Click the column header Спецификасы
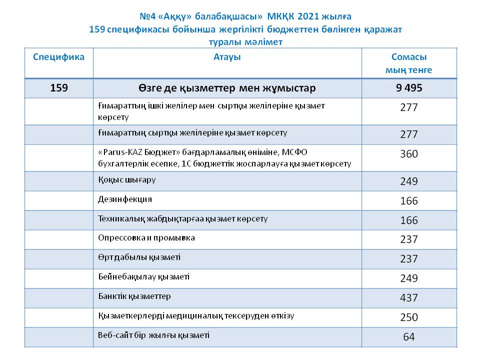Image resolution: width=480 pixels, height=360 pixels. point(59,57)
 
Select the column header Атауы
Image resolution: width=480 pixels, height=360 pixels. point(227,57)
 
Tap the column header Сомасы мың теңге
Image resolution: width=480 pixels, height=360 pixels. point(408,63)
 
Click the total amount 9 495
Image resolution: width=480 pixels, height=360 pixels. point(408,88)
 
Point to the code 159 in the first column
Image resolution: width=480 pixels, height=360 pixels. point(59,88)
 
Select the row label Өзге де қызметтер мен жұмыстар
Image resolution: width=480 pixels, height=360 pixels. point(227,88)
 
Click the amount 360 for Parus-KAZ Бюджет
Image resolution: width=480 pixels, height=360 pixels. point(408,154)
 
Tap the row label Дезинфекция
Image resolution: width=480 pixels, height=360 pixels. point(125,199)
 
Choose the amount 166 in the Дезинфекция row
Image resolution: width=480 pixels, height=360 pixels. point(408,201)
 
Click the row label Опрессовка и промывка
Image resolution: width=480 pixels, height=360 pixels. point(146,237)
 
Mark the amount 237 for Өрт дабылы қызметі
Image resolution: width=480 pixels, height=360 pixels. point(408,259)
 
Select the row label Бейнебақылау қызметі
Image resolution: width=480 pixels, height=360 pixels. point(143,276)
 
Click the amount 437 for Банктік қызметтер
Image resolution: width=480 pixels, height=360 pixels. point(408,298)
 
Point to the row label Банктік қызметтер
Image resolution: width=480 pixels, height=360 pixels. point(134,296)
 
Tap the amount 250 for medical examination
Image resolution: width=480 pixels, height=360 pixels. point(408,317)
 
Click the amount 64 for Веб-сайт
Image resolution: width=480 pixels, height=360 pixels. point(408,337)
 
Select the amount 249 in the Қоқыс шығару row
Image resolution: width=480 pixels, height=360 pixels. point(408,181)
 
